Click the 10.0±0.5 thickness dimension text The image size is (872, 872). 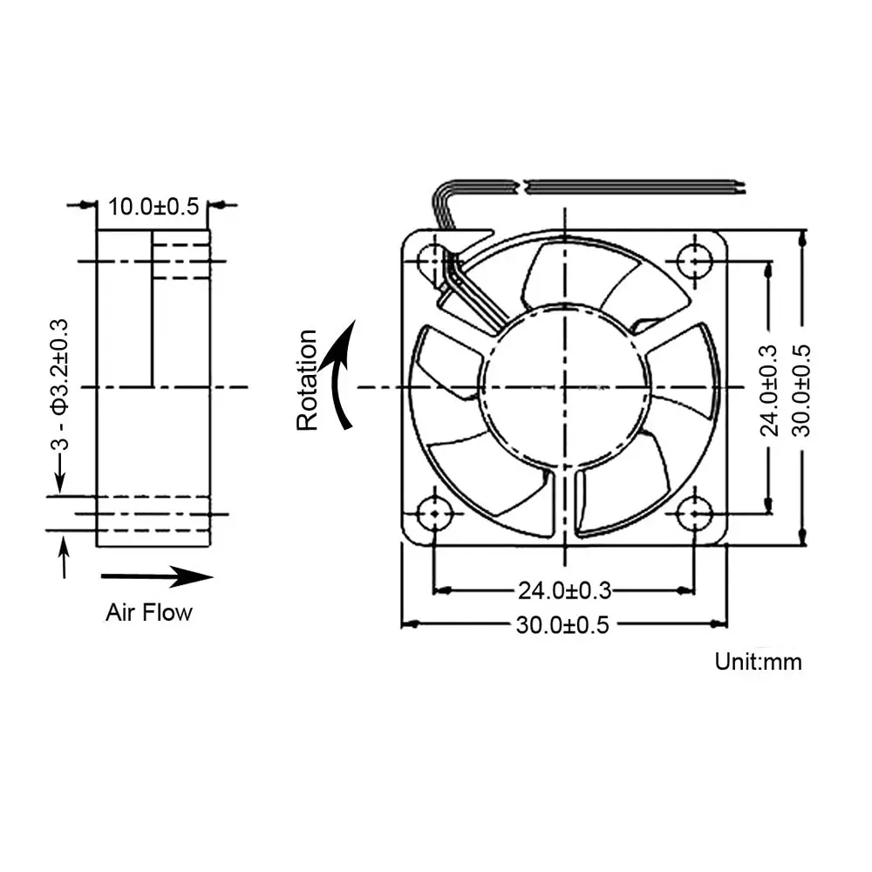coord(153,207)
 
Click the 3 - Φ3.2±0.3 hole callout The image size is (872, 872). coord(59,385)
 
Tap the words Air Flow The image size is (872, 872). coord(148,612)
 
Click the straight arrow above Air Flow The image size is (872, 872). coord(157,576)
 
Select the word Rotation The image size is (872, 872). coord(307,380)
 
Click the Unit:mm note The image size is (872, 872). coord(758,661)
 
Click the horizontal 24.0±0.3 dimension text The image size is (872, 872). coord(564,590)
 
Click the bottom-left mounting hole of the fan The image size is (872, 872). coord(433,514)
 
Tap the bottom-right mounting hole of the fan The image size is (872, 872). coord(694,514)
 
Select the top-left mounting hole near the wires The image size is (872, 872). coord(433,258)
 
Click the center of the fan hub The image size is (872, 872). coord(565,386)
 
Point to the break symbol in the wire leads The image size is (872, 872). coord(521,186)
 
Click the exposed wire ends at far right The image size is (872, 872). coord(741,186)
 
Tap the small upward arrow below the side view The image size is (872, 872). coord(63,556)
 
